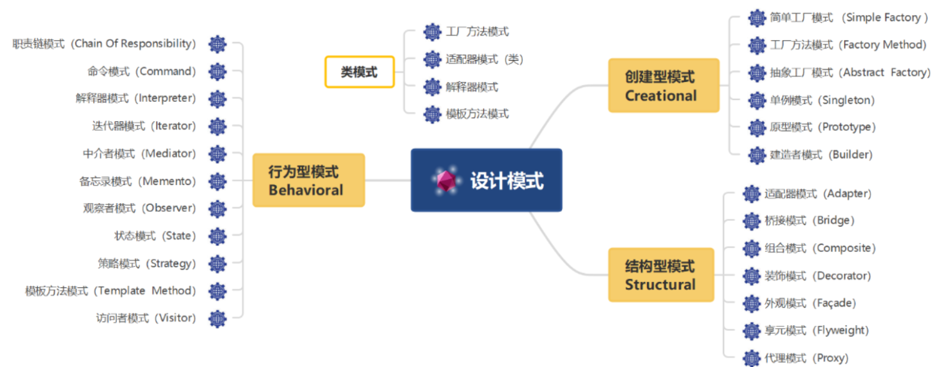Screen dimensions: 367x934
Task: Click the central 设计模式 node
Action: [486, 180]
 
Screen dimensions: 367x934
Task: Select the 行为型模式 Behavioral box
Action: [308, 180]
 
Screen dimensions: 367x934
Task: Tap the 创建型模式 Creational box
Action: [663, 86]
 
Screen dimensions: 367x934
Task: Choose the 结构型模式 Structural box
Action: [661, 275]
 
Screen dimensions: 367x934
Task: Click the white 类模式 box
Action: [359, 72]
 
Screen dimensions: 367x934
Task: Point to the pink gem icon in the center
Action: [446, 181]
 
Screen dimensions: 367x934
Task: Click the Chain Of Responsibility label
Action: [104, 44]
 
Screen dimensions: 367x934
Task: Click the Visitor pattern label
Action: [146, 318]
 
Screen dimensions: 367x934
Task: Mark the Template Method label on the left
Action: [110, 291]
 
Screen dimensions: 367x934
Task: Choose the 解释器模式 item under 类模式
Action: [472, 87]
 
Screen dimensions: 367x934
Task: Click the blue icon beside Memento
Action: [217, 181]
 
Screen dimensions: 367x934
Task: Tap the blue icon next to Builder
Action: [757, 154]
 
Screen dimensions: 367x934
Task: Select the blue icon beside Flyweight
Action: [751, 331]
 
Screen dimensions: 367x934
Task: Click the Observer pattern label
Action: [139, 208]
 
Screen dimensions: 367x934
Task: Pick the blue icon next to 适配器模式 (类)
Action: [432, 59]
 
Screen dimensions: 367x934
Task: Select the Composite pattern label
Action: [820, 248]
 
